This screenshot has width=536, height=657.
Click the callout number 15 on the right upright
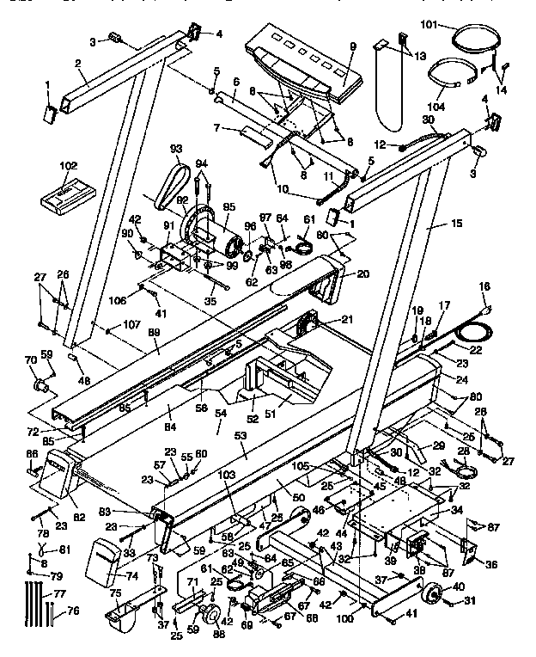(x=456, y=224)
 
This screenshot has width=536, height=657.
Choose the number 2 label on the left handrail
(x=76, y=63)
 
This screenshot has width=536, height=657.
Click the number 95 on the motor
(x=228, y=206)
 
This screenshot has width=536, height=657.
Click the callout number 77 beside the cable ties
(x=58, y=593)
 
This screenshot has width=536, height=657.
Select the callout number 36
(x=491, y=564)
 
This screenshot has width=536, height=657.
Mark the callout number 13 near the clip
(x=420, y=55)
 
